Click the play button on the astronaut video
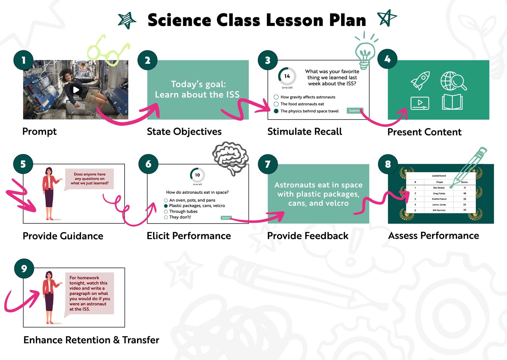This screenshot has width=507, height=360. (x=76, y=89)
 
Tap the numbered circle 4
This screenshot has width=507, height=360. (x=387, y=59)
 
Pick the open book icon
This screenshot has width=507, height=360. (x=452, y=102)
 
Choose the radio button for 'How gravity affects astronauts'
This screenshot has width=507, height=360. (x=276, y=97)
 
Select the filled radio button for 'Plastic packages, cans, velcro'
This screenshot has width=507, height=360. (x=166, y=206)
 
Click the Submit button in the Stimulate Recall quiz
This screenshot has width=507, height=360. (x=354, y=110)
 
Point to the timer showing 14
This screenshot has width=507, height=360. (x=287, y=76)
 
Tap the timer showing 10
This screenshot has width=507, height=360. (x=197, y=175)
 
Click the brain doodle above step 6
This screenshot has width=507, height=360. (x=231, y=157)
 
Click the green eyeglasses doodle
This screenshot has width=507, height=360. (x=108, y=51)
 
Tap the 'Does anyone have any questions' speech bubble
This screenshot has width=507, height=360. (x=89, y=179)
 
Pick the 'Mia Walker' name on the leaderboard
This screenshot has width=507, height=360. (x=439, y=188)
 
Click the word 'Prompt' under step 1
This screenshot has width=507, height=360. (x=39, y=131)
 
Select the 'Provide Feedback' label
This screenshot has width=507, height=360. (x=307, y=236)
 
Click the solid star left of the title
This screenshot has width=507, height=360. (x=127, y=20)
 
